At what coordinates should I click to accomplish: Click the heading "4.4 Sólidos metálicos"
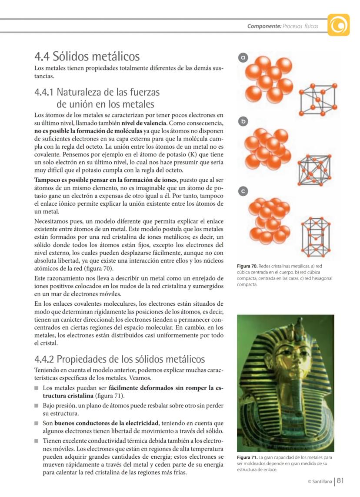(87, 57)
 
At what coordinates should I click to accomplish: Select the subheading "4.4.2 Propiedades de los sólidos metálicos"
(120, 359)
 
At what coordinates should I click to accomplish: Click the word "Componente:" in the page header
(264, 26)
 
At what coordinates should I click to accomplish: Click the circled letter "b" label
(244, 121)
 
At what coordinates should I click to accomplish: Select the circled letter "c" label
(244, 190)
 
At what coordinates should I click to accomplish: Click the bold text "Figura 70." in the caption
(247, 266)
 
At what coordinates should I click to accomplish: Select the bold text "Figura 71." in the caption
(247, 457)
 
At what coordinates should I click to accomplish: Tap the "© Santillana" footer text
(320, 482)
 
